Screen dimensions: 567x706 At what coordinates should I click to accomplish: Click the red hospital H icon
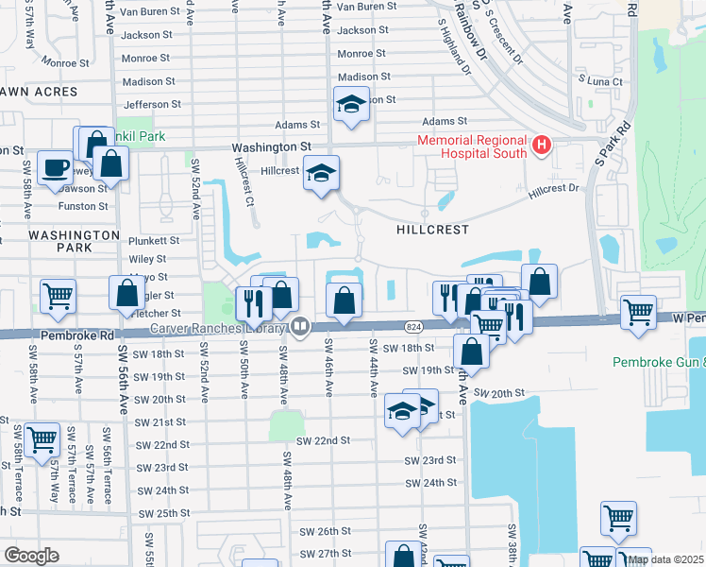click(x=542, y=145)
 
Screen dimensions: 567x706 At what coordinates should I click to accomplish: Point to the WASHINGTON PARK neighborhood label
click(x=60, y=240)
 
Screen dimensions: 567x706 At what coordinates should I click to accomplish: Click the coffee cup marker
click(x=55, y=167)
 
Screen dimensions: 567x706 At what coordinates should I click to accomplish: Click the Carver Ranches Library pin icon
click(x=300, y=328)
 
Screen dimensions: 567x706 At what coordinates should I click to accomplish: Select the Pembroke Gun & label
click(x=658, y=362)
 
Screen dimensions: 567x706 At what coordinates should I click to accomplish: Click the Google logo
click(x=31, y=555)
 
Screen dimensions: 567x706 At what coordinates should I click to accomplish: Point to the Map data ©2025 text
click(x=664, y=559)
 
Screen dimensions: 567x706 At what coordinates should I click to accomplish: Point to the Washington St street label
click(x=272, y=147)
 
